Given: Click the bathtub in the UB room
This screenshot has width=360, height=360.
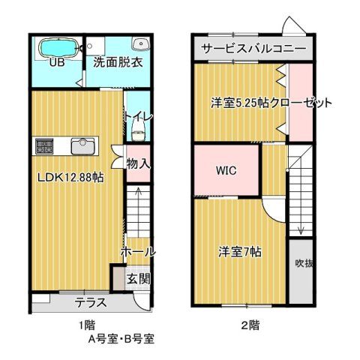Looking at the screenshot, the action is click(x=58, y=48).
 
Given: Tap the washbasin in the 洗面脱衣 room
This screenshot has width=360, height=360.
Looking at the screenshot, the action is click(x=141, y=44).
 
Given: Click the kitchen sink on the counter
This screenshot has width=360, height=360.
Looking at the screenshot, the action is click(x=83, y=146).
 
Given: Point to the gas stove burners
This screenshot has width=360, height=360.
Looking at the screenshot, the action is click(x=44, y=146).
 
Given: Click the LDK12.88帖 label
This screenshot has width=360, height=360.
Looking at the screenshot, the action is click(x=70, y=178).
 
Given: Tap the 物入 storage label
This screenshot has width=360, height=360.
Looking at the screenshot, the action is click(x=138, y=164).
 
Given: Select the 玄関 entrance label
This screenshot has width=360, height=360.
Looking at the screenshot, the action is click(x=139, y=279).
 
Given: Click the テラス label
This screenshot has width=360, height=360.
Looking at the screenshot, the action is click(x=91, y=303).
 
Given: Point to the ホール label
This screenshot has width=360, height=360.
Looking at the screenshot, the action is click(x=138, y=252).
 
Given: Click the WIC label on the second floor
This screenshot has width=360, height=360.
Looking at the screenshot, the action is click(x=226, y=171).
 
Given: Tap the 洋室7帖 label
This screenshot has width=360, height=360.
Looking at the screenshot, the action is click(x=240, y=252).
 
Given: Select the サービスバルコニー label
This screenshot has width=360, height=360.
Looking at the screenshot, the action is click(x=253, y=48).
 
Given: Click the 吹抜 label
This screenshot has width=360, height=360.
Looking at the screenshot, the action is click(x=304, y=263).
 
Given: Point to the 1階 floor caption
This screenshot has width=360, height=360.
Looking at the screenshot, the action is click(x=87, y=325).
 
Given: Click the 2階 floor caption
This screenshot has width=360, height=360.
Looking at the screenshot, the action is click(x=250, y=325).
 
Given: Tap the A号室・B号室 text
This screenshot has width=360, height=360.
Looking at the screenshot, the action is click(x=121, y=339).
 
